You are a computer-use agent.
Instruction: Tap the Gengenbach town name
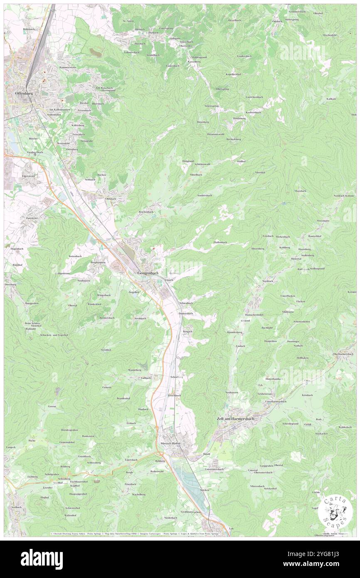click(x=148, y=273)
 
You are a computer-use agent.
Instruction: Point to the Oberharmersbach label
click(x=343, y=354)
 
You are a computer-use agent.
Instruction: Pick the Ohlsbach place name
click(x=111, y=199)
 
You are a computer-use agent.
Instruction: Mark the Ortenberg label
click(x=72, y=149)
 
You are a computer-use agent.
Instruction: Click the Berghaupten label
click(x=98, y=263)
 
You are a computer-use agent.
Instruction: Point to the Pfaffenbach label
click(x=220, y=242)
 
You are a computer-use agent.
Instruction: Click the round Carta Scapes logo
click(x=335, y=511)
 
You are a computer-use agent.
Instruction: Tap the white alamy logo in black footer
click(x=42, y=559)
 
